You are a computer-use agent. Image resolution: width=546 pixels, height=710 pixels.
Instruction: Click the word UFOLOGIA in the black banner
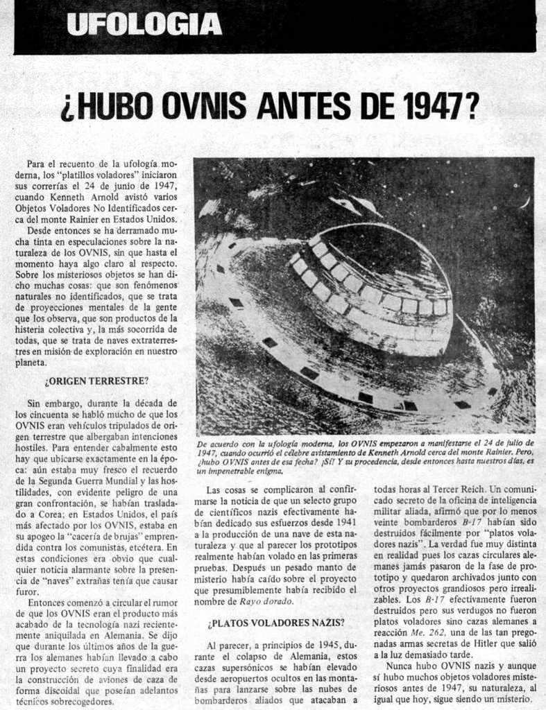pos(145,24)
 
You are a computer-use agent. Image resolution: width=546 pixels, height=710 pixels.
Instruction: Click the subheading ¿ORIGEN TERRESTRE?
pos(96,381)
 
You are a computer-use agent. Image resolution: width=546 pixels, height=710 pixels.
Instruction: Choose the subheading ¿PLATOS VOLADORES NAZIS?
pos(276,623)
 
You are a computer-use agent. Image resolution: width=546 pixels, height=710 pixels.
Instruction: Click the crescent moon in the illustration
pos(525,202)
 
